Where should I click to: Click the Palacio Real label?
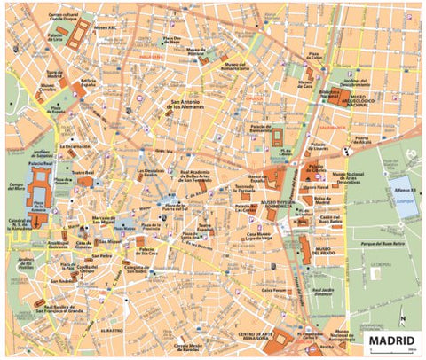42,164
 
